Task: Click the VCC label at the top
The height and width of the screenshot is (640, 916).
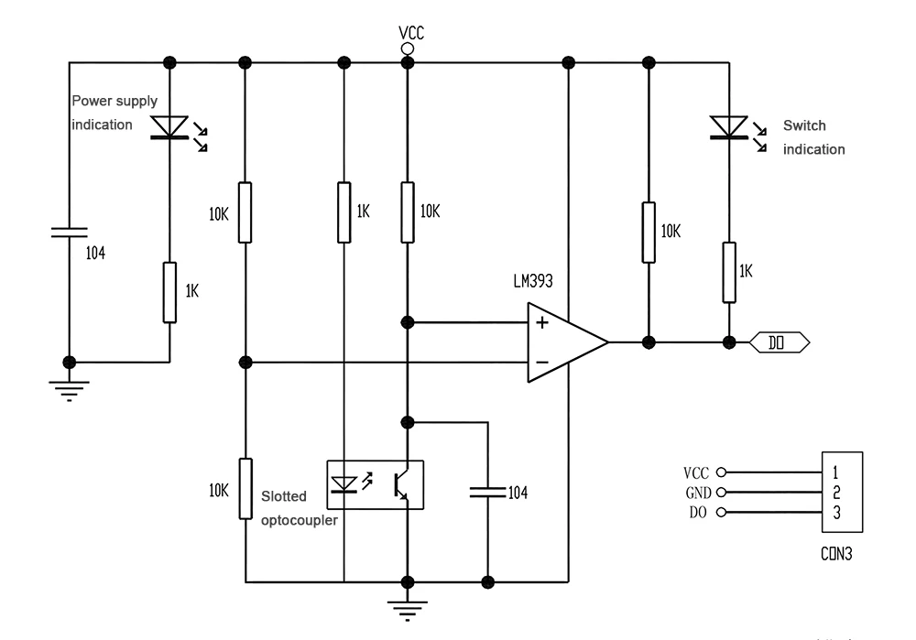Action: point(411,32)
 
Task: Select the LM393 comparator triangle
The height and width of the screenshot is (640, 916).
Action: point(563,342)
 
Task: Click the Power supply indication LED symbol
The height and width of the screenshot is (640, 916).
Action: point(169,127)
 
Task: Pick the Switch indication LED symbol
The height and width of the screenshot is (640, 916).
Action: point(729,127)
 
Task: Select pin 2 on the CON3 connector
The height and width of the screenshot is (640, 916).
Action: point(836,493)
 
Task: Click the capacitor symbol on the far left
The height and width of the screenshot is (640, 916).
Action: point(70,233)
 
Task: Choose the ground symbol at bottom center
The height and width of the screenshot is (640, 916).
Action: point(408,606)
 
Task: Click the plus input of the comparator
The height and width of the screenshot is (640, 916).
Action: point(541,322)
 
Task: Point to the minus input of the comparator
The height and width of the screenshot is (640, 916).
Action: point(541,363)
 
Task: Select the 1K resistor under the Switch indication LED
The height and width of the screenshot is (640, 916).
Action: point(729,272)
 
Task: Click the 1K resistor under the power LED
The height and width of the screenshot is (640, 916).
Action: point(169,292)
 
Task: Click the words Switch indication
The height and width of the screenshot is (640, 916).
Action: point(812,138)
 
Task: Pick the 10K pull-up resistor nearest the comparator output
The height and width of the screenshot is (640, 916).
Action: point(649,231)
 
